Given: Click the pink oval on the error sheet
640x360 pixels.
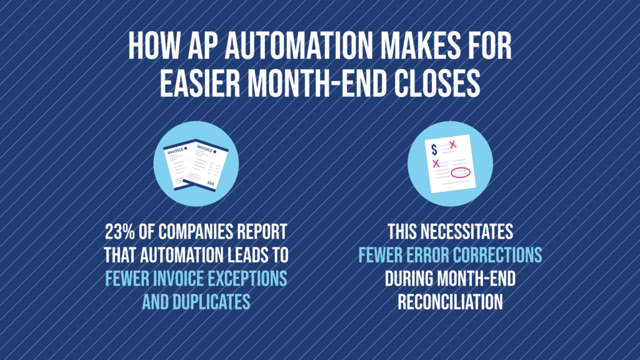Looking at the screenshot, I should (459, 173).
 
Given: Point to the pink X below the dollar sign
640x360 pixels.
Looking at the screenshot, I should (436, 164).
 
